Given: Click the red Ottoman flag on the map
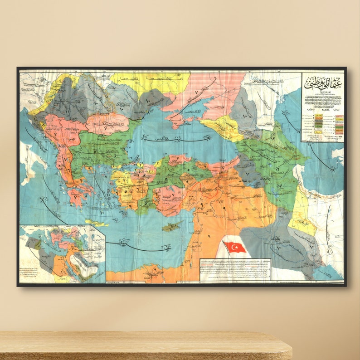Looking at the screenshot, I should pos(236,247).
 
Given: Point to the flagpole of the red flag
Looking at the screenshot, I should pos(226,249).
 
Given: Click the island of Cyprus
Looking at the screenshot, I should pos(170,227).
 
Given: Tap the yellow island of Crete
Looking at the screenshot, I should pos(97,223).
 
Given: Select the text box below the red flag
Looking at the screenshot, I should pos(235,270).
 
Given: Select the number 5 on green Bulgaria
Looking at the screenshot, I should pos(94,151).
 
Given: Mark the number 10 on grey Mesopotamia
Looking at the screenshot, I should pos(278,248).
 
